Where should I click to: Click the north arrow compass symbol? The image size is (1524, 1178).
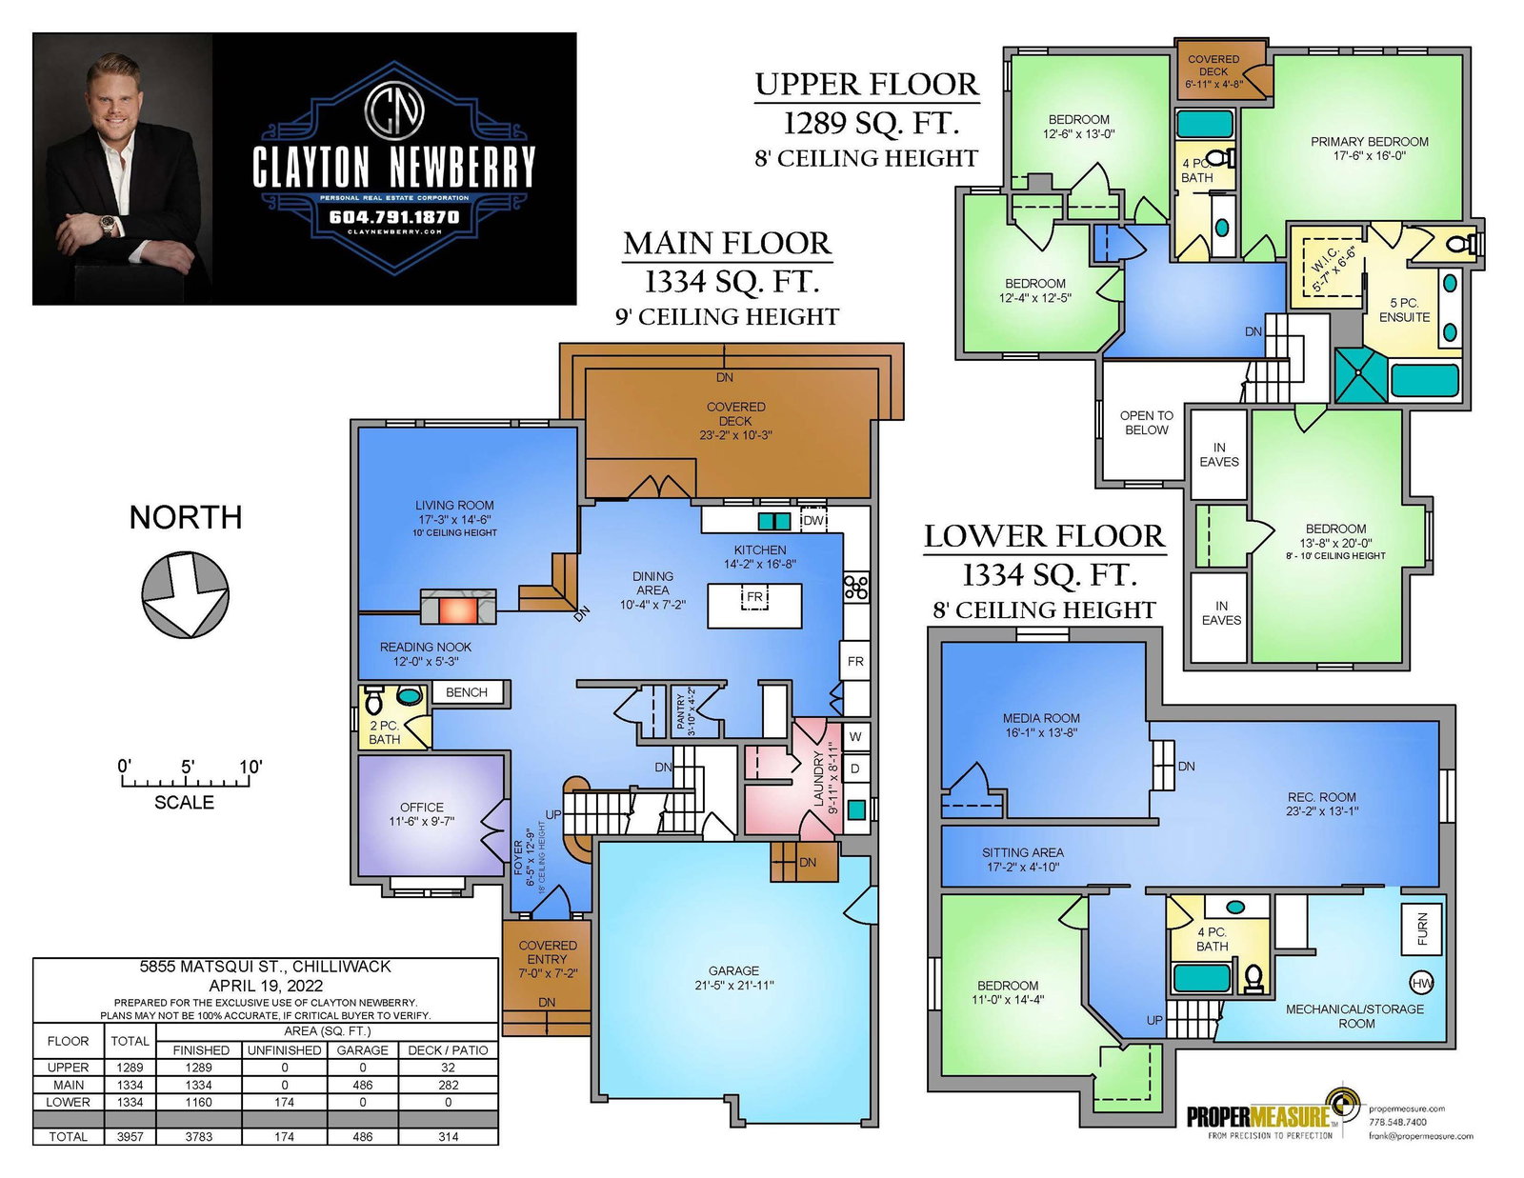tap(185, 594)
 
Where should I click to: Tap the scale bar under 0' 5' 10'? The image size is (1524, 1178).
tap(186, 782)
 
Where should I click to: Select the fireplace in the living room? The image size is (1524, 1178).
tap(458, 607)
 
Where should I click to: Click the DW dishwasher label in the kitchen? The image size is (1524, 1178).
tap(812, 520)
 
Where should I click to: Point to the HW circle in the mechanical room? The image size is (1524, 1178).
tap(1421, 984)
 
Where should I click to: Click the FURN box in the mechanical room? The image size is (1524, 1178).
tap(1421, 929)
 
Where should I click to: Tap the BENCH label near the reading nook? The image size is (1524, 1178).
tap(467, 692)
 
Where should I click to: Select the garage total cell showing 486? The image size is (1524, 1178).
tap(362, 1137)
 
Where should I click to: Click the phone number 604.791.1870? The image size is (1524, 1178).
tap(394, 217)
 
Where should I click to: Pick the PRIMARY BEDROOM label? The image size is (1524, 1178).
tap(1369, 142)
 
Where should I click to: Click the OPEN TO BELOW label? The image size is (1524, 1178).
tap(1146, 423)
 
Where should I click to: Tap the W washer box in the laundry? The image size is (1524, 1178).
tap(855, 736)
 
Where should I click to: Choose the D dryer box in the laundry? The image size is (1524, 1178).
tap(855, 769)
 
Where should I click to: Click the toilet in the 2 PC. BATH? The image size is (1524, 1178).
tap(373, 699)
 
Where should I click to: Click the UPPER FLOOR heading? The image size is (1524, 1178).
tap(866, 85)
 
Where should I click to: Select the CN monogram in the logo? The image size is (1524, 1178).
tap(394, 110)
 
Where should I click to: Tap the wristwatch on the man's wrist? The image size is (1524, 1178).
tap(108, 225)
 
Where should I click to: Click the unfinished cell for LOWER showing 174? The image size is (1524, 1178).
tap(284, 1102)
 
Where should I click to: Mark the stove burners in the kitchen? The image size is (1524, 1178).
tap(855, 587)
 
